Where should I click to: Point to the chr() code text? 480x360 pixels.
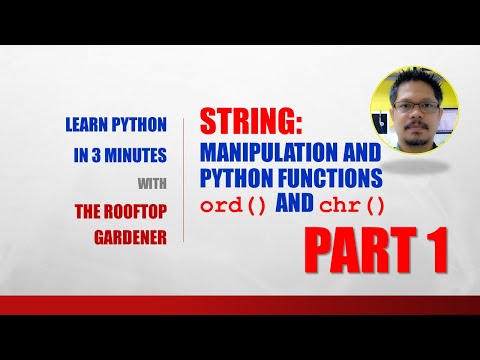tap(346, 206)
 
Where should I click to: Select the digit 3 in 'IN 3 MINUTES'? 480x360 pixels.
tap(108, 157)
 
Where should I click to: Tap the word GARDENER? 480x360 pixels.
tap(130, 235)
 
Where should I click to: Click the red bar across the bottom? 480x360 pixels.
tap(240, 305)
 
